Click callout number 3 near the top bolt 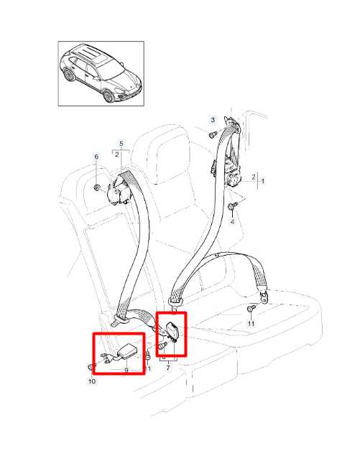pyautogui.click(x=213, y=120)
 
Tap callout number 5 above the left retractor pyautogui.click(x=121, y=143)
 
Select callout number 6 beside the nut pyautogui.click(x=96, y=157)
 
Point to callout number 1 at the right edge pyautogui.click(x=262, y=182)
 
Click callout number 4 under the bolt pyautogui.click(x=232, y=222)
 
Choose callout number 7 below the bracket pyautogui.click(x=168, y=368)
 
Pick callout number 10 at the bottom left pyautogui.click(x=92, y=381)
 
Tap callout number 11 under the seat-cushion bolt pyautogui.click(x=251, y=324)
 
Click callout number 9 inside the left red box pyautogui.click(x=126, y=370)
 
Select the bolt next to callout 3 pyautogui.click(x=213, y=134)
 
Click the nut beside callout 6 pyautogui.click(x=96, y=187)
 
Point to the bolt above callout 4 pyautogui.click(x=232, y=206)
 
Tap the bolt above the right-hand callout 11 pyautogui.click(x=251, y=309)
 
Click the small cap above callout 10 pyautogui.click(x=90, y=368)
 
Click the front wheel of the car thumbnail pyautogui.click(x=108, y=96)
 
